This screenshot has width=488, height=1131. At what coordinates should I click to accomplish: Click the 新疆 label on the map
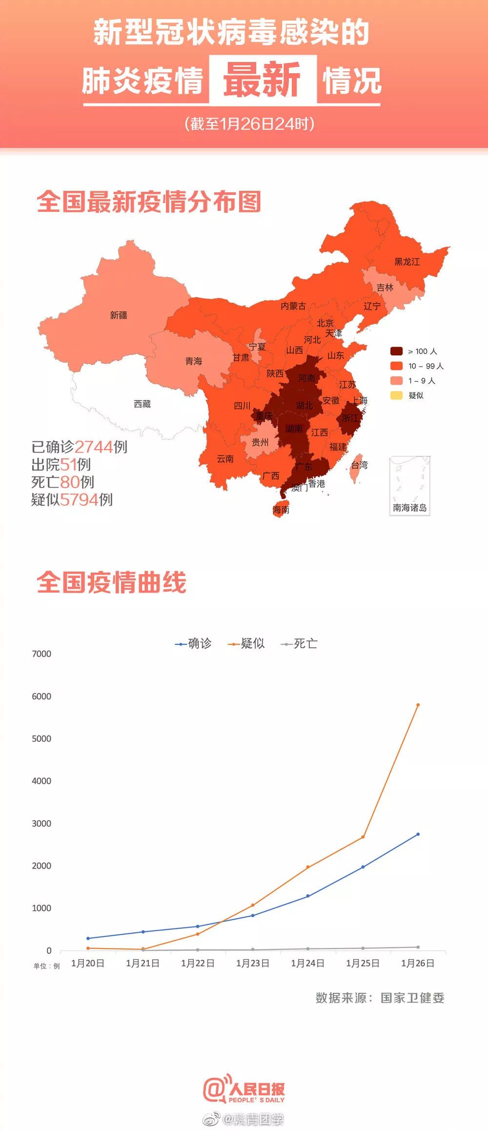pos(119,315)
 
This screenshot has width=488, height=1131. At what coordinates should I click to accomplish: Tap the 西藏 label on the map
pos(142,404)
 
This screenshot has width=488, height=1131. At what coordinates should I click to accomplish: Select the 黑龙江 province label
pos(407,262)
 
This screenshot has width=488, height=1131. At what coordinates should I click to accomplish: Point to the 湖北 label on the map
pos(304,405)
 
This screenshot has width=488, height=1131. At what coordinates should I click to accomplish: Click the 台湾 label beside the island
pos(360,465)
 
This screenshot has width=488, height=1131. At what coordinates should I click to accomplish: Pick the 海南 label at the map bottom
pos(281,510)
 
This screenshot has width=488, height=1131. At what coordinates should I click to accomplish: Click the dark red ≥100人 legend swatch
pos(396,351)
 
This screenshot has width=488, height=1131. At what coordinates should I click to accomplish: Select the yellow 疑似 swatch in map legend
pos(396,395)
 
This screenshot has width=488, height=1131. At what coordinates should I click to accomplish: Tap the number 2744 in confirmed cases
pos(94,447)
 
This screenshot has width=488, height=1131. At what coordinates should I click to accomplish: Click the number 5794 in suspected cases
pos(79,499)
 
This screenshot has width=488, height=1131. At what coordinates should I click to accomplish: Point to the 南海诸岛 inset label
pos(410,508)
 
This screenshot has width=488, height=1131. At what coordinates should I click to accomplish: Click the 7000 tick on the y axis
pos(41,654)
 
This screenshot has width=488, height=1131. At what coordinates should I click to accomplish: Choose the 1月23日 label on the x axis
pos(253,963)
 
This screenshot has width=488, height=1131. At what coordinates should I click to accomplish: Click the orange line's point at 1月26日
pos(418,705)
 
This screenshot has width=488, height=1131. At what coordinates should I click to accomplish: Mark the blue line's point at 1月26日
pos(418,834)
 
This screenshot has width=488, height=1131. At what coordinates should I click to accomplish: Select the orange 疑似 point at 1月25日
pos(363,837)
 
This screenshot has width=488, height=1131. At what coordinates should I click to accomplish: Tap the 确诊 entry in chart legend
pos(194,644)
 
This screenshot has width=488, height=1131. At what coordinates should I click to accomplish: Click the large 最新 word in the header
pos(263,80)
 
